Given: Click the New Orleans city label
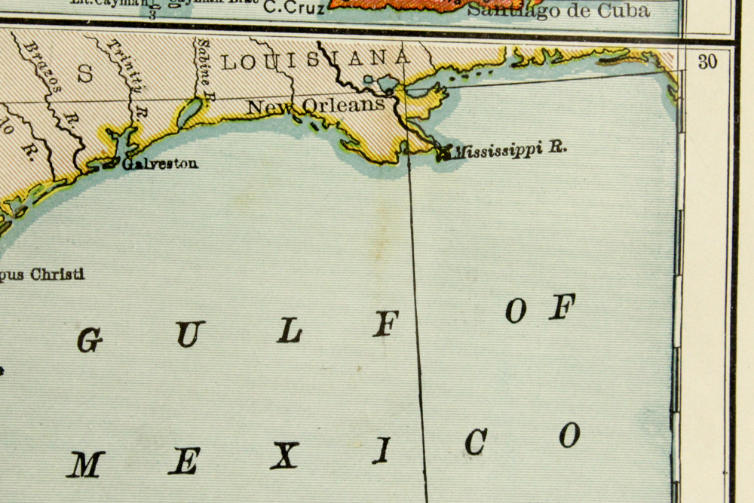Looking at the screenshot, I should pyautogui.click(x=316, y=106).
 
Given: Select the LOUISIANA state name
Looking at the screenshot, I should pyautogui.click(x=316, y=60).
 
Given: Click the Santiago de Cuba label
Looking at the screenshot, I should pyautogui.click(x=558, y=11).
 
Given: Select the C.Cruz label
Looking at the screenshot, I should pyautogui.click(x=294, y=9).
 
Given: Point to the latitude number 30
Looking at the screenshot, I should pyautogui.click(x=706, y=63).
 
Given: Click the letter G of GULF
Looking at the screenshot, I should pyautogui.click(x=90, y=340).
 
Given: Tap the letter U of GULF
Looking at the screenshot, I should pyautogui.click(x=191, y=334).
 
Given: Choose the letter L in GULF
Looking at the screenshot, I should pyautogui.click(x=290, y=330).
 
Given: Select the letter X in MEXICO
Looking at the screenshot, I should pyautogui.click(x=284, y=455).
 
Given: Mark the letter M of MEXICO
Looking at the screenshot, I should pyautogui.click(x=85, y=465).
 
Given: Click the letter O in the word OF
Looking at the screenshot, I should pyautogui.click(x=516, y=310).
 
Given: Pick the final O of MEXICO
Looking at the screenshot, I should pyautogui.click(x=570, y=434).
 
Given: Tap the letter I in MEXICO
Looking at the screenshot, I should pyautogui.click(x=382, y=450).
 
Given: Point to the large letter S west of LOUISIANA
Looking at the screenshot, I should pyautogui.click(x=85, y=73).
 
